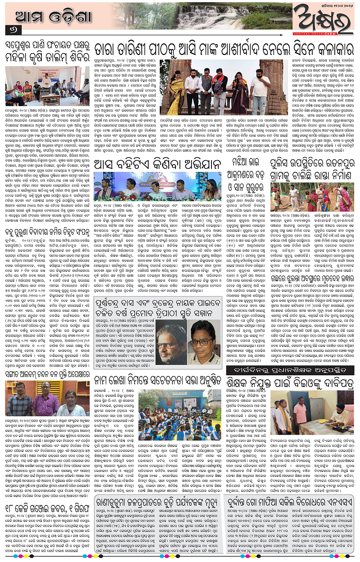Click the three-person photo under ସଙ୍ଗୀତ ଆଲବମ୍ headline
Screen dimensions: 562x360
pyautogui.click(x=45, y=398)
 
